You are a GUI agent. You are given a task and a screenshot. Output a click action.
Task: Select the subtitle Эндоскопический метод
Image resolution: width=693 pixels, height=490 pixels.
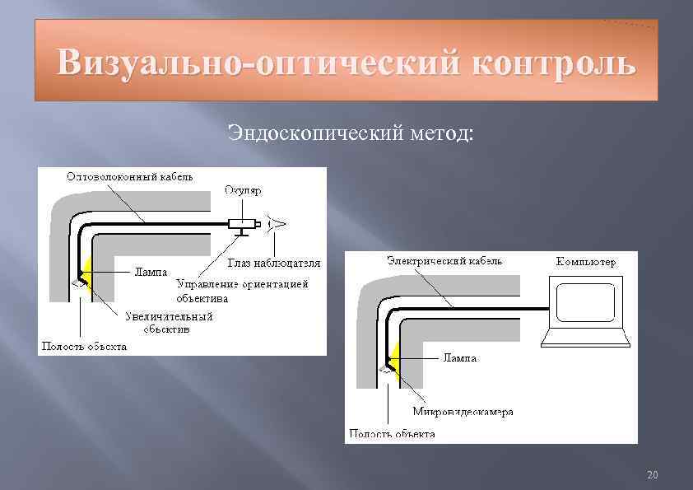click(x=351, y=131)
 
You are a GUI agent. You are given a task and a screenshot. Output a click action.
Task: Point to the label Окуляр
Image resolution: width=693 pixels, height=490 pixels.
click(x=243, y=191)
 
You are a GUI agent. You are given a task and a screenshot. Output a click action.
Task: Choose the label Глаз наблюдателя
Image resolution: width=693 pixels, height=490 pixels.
click(x=274, y=263)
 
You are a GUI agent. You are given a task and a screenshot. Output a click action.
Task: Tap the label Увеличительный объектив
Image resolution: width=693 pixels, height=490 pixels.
click(x=170, y=322)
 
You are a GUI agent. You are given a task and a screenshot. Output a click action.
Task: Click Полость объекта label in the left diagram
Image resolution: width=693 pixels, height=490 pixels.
click(x=84, y=346)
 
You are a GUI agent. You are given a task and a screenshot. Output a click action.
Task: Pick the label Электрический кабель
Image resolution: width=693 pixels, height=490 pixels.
click(x=444, y=260)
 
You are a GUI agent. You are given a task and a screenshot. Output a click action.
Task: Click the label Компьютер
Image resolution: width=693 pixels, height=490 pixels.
click(x=586, y=262)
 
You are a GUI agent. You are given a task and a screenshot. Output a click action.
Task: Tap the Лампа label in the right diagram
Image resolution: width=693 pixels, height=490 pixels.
click(x=460, y=358)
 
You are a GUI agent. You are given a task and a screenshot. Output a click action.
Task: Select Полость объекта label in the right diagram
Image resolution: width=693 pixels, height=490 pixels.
click(x=393, y=433)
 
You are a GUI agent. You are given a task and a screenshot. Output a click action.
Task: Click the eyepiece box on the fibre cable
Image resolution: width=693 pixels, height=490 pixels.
click(x=242, y=223)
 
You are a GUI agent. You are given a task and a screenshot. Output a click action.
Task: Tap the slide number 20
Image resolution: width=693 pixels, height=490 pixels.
click(x=653, y=475)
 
